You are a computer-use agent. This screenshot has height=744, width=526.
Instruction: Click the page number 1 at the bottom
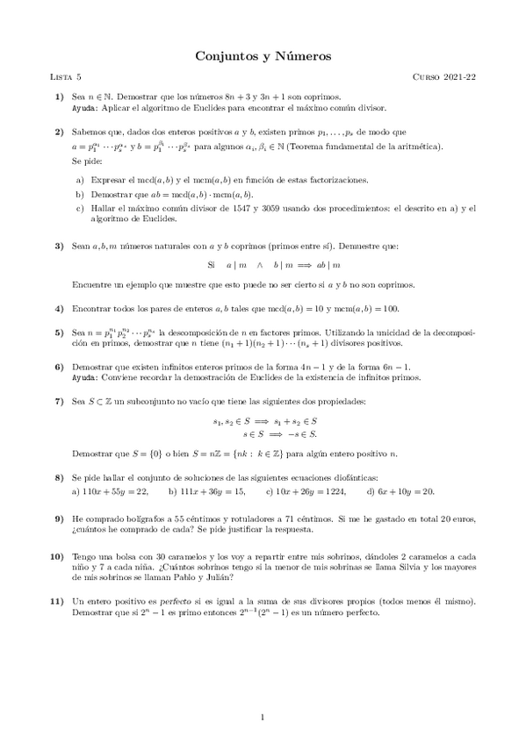[263, 719]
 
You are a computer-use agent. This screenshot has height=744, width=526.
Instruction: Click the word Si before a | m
[211, 265]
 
